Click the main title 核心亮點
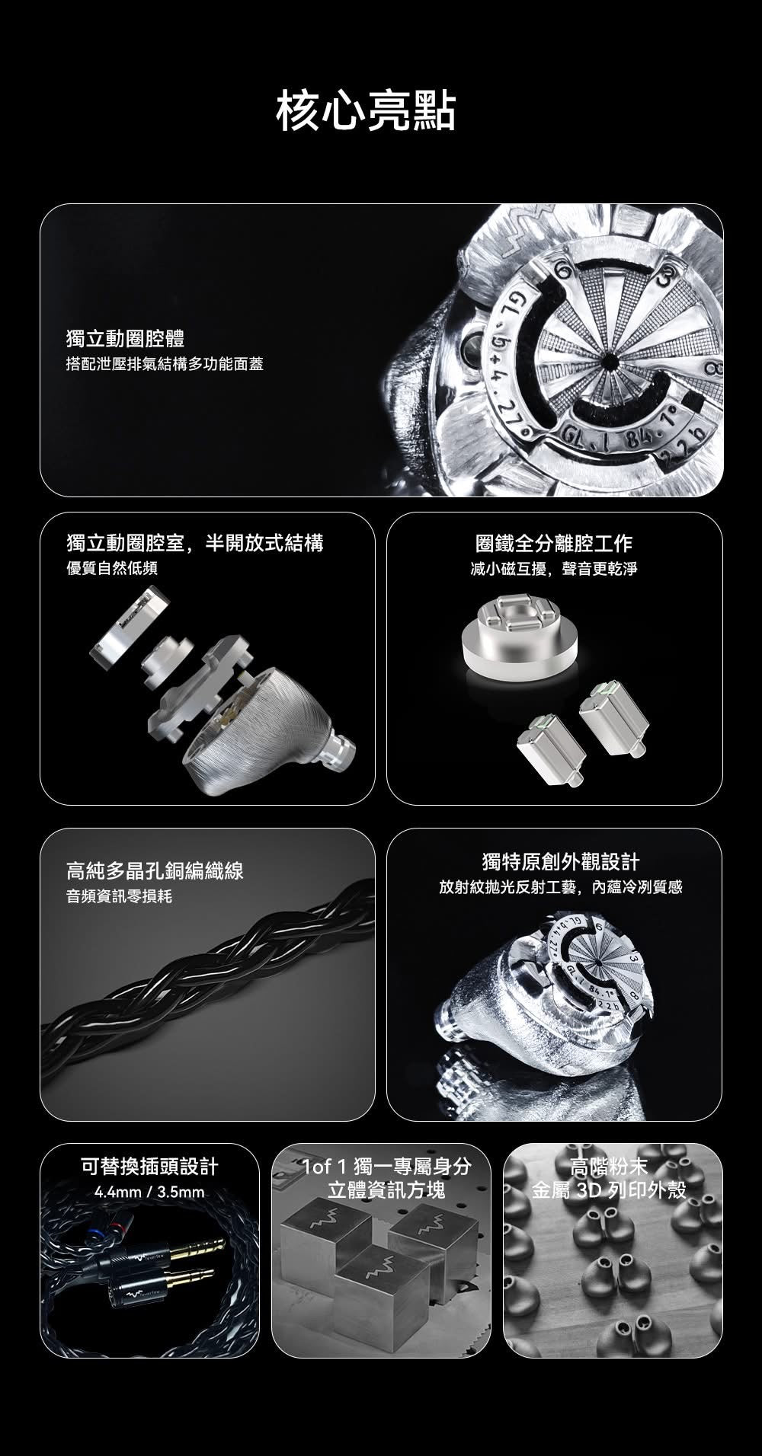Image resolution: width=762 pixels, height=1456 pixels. point(366,111)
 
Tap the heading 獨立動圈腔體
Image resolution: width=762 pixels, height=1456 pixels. point(126,338)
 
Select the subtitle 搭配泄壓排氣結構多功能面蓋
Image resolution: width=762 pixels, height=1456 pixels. point(165,364)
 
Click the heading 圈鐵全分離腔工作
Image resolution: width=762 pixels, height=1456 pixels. point(553,543)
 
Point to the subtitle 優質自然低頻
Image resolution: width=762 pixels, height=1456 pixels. point(112,568)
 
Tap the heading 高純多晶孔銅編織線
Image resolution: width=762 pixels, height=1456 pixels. point(155,870)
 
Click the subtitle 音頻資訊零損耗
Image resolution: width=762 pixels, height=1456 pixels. point(120,896)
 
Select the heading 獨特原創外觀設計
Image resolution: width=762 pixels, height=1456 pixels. point(561,862)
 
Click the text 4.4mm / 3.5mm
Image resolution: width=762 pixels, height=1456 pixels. point(149,1192)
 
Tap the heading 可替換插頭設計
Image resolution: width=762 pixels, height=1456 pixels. point(149,1166)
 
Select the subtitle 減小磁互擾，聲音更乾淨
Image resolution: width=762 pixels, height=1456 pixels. point(553,569)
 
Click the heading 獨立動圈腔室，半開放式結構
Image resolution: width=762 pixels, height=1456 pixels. point(195,543)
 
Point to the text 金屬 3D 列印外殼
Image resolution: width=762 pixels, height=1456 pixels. point(610,1189)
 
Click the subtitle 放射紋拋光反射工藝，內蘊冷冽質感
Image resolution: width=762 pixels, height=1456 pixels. point(561,888)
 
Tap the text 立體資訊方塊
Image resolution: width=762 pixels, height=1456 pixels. point(386,1189)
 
